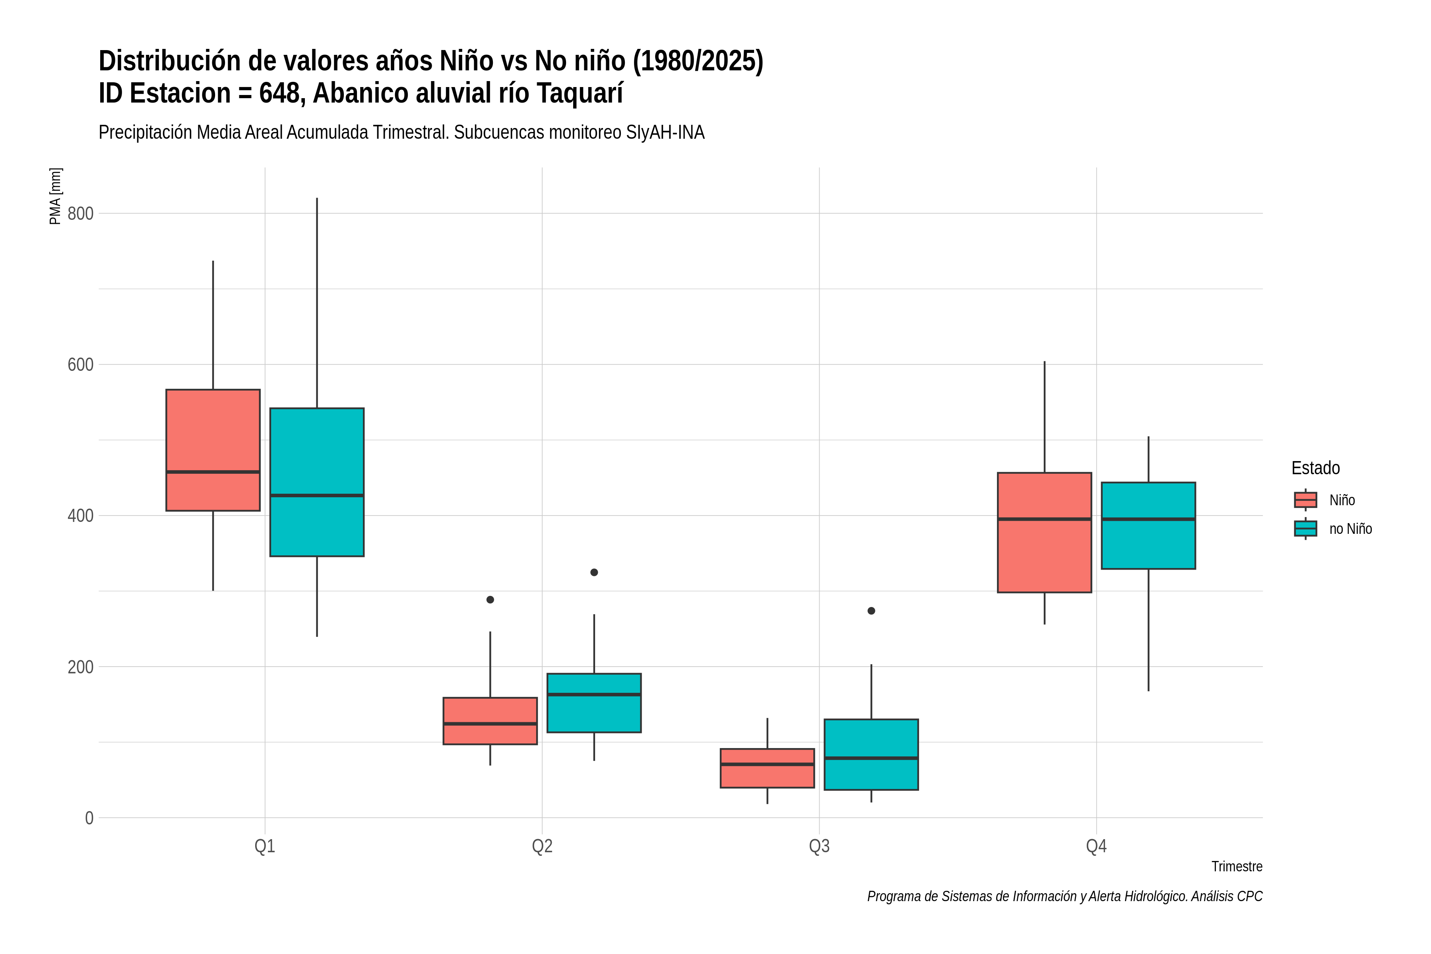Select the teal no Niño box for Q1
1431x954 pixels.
tap(317, 482)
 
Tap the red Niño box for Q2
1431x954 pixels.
tap(491, 721)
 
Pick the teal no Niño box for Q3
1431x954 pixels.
tap(871, 754)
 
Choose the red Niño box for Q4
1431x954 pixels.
tap(1045, 532)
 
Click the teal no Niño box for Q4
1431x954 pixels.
tap(1149, 525)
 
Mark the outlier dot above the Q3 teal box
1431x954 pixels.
tap(871, 611)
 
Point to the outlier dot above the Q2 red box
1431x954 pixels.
tap(491, 600)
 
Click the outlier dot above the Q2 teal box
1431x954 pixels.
tap(594, 572)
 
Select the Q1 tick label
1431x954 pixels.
tap(265, 846)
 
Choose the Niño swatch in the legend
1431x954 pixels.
tap(1306, 500)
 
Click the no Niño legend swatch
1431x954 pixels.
tap(1306, 529)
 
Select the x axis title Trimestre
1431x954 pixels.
tap(1237, 867)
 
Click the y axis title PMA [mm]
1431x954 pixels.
tap(55, 196)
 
